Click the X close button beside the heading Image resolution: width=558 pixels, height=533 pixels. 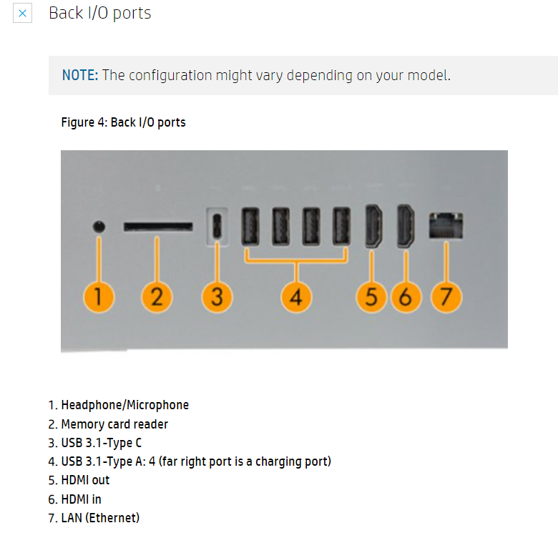[x=22, y=14]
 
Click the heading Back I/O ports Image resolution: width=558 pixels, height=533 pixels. [x=99, y=13]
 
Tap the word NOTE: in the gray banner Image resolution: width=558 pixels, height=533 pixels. [x=79, y=75]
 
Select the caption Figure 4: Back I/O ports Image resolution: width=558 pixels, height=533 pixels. [x=123, y=122]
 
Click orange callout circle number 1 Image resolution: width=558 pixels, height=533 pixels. [x=99, y=296]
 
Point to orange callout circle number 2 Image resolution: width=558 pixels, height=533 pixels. [x=157, y=296]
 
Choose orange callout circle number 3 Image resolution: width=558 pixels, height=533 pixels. [x=217, y=296]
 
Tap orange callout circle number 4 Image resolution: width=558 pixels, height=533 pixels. [x=296, y=296]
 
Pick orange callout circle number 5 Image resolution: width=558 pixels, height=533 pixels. [x=371, y=296]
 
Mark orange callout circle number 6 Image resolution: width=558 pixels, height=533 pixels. [x=406, y=296]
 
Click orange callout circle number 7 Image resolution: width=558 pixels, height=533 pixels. [x=446, y=296]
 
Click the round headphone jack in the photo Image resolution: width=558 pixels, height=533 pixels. [x=99, y=227]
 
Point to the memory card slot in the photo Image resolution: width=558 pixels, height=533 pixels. [x=157, y=226]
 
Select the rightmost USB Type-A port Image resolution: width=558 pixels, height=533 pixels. [x=342, y=228]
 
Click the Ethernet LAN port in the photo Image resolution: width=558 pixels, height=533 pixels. [x=446, y=226]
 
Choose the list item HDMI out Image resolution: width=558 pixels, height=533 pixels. [x=85, y=480]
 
